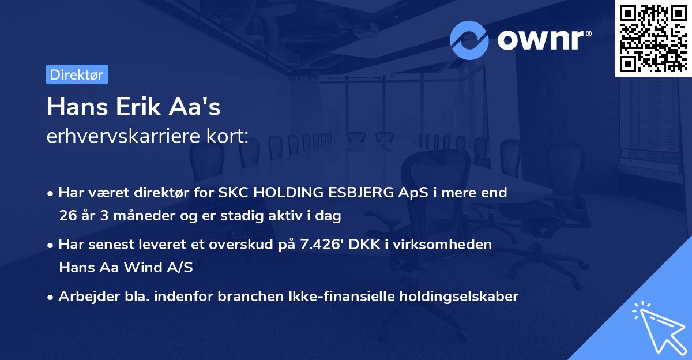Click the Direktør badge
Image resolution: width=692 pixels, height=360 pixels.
coord(77,74)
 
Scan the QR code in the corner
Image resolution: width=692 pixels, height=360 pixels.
coord(653,38)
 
